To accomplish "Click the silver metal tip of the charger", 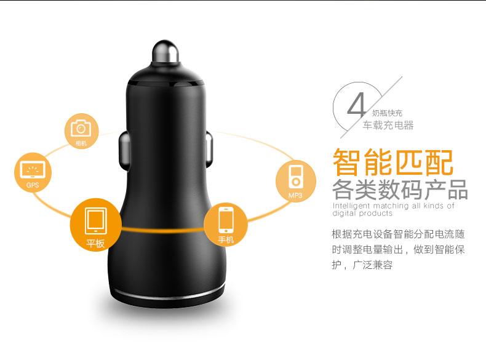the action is point(165,52).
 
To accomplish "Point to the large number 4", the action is point(356,105).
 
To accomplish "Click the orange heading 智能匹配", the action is point(393,162).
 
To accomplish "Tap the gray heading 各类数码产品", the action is point(400,190).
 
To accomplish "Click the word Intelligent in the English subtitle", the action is point(351,206).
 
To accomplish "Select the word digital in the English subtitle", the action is point(344,214).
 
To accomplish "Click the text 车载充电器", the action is point(388,126).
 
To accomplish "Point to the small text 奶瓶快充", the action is point(387,113).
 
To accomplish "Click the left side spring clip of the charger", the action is point(124,149).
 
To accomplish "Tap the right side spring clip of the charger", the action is point(209,148).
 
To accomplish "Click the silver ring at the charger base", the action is point(167,295).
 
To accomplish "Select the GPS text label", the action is point(33,185).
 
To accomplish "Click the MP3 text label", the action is point(295,195).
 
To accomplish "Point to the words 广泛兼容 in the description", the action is point(373,265).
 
